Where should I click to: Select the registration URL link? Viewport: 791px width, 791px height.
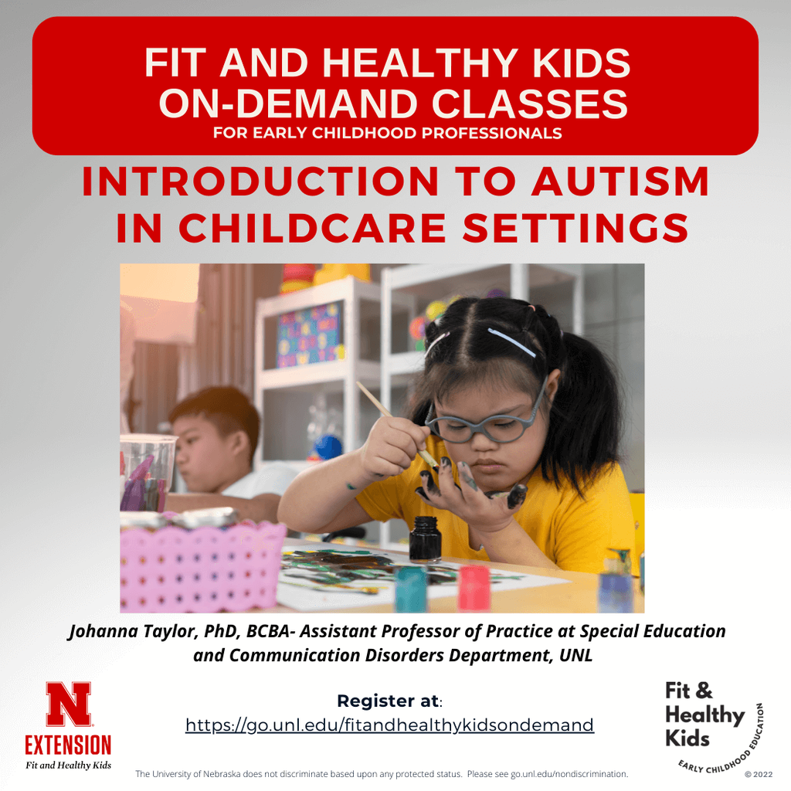pos(389,725)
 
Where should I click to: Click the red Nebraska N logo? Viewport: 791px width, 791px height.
pos(68,704)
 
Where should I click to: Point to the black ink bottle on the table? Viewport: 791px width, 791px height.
pos(425,538)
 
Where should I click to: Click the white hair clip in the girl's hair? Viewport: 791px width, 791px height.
pos(511,342)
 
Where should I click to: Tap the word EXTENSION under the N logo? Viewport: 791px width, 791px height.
pos(68,745)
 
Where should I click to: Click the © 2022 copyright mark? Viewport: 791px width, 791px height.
pos(758,774)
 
